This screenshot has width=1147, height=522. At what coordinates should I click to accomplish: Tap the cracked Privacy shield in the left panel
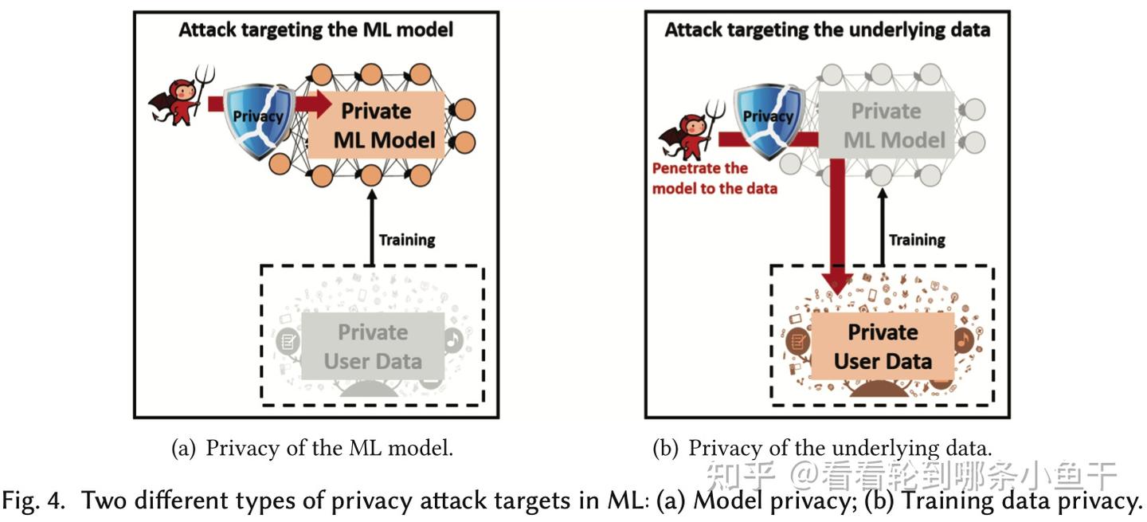pyautogui.click(x=259, y=121)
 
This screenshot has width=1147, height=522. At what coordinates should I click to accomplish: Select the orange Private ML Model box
pyautogui.click(x=376, y=125)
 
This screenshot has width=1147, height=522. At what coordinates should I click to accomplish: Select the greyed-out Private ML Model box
pyautogui.click(x=887, y=125)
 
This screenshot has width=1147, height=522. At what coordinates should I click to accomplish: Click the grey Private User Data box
pyautogui.click(x=373, y=347)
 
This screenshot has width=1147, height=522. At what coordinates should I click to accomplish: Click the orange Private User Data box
pyautogui.click(x=883, y=347)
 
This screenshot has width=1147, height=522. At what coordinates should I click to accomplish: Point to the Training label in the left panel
pyautogui.click(x=407, y=240)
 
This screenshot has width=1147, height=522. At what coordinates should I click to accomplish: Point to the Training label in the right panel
pyautogui.click(x=917, y=240)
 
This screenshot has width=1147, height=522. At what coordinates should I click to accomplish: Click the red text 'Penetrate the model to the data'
pyautogui.click(x=714, y=179)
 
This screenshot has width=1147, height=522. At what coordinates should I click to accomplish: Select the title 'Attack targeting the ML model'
pyautogui.click(x=316, y=29)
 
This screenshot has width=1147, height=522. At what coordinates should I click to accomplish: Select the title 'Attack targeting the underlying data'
pyautogui.click(x=828, y=29)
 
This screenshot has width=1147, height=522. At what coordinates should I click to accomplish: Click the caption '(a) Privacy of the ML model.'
pyautogui.click(x=312, y=448)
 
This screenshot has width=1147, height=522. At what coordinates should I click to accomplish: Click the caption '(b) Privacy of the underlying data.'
pyautogui.click(x=822, y=448)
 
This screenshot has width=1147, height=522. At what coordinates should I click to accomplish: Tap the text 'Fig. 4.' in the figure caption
pyautogui.click(x=33, y=500)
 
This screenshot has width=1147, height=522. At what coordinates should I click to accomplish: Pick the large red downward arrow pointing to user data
pyautogui.click(x=837, y=226)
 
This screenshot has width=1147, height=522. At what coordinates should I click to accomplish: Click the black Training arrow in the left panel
pyautogui.click(x=372, y=227)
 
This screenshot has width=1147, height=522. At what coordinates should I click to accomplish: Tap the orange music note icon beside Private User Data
pyautogui.click(x=964, y=339)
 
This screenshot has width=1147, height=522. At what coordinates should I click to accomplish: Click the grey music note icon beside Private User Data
pyautogui.click(x=453, y=339)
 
